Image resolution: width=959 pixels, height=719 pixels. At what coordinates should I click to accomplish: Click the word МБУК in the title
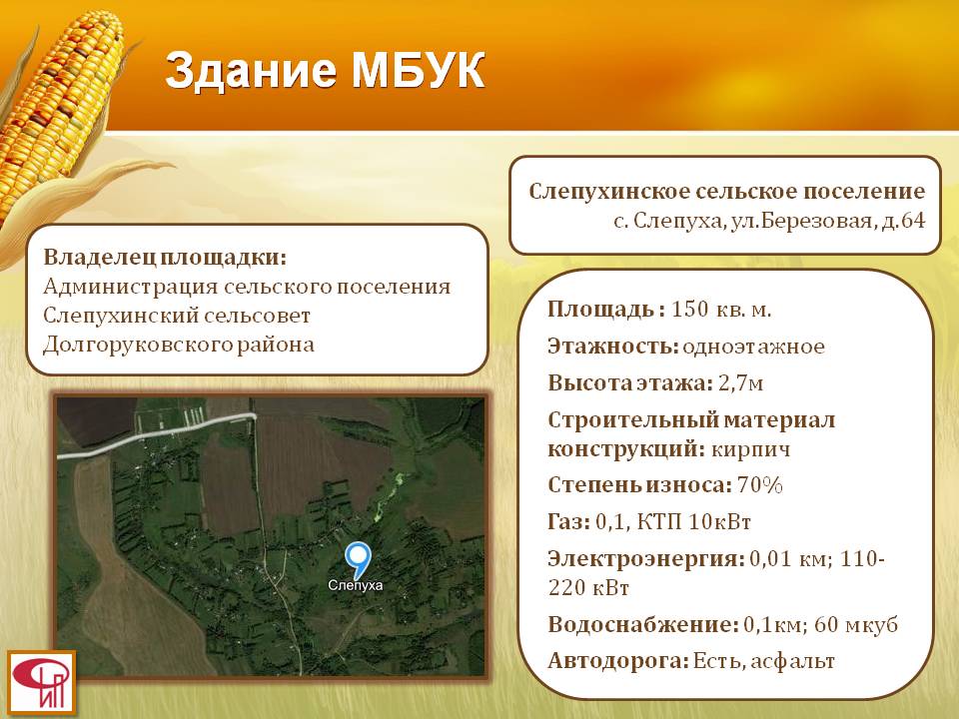coord(419,70)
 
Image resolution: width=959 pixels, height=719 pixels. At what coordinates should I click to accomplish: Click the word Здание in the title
coord(251,71)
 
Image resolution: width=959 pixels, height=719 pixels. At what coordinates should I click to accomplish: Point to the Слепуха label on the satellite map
coord(356,585)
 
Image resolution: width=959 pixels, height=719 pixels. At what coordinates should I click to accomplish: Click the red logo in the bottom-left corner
coord(42,682)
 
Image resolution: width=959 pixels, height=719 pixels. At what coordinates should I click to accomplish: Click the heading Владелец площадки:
coord(165,257)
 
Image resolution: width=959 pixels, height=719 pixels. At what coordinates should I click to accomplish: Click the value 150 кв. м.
coord(721,310)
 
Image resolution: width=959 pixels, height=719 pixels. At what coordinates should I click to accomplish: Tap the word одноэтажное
coord(753,347)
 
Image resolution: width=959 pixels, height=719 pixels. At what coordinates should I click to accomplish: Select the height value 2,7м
coord(740,383)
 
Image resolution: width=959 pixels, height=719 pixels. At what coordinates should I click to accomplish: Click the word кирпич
coord(750,450)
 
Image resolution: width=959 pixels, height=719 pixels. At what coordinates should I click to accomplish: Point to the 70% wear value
coord(760,485)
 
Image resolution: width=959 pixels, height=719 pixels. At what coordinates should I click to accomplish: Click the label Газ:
coord(568,521)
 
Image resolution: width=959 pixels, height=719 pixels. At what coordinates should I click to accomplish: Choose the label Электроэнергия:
coord(646,559)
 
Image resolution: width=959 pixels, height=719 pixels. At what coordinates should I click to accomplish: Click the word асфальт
coord(792,661)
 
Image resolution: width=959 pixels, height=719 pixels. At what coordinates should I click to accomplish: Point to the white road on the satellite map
coord(157,434)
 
